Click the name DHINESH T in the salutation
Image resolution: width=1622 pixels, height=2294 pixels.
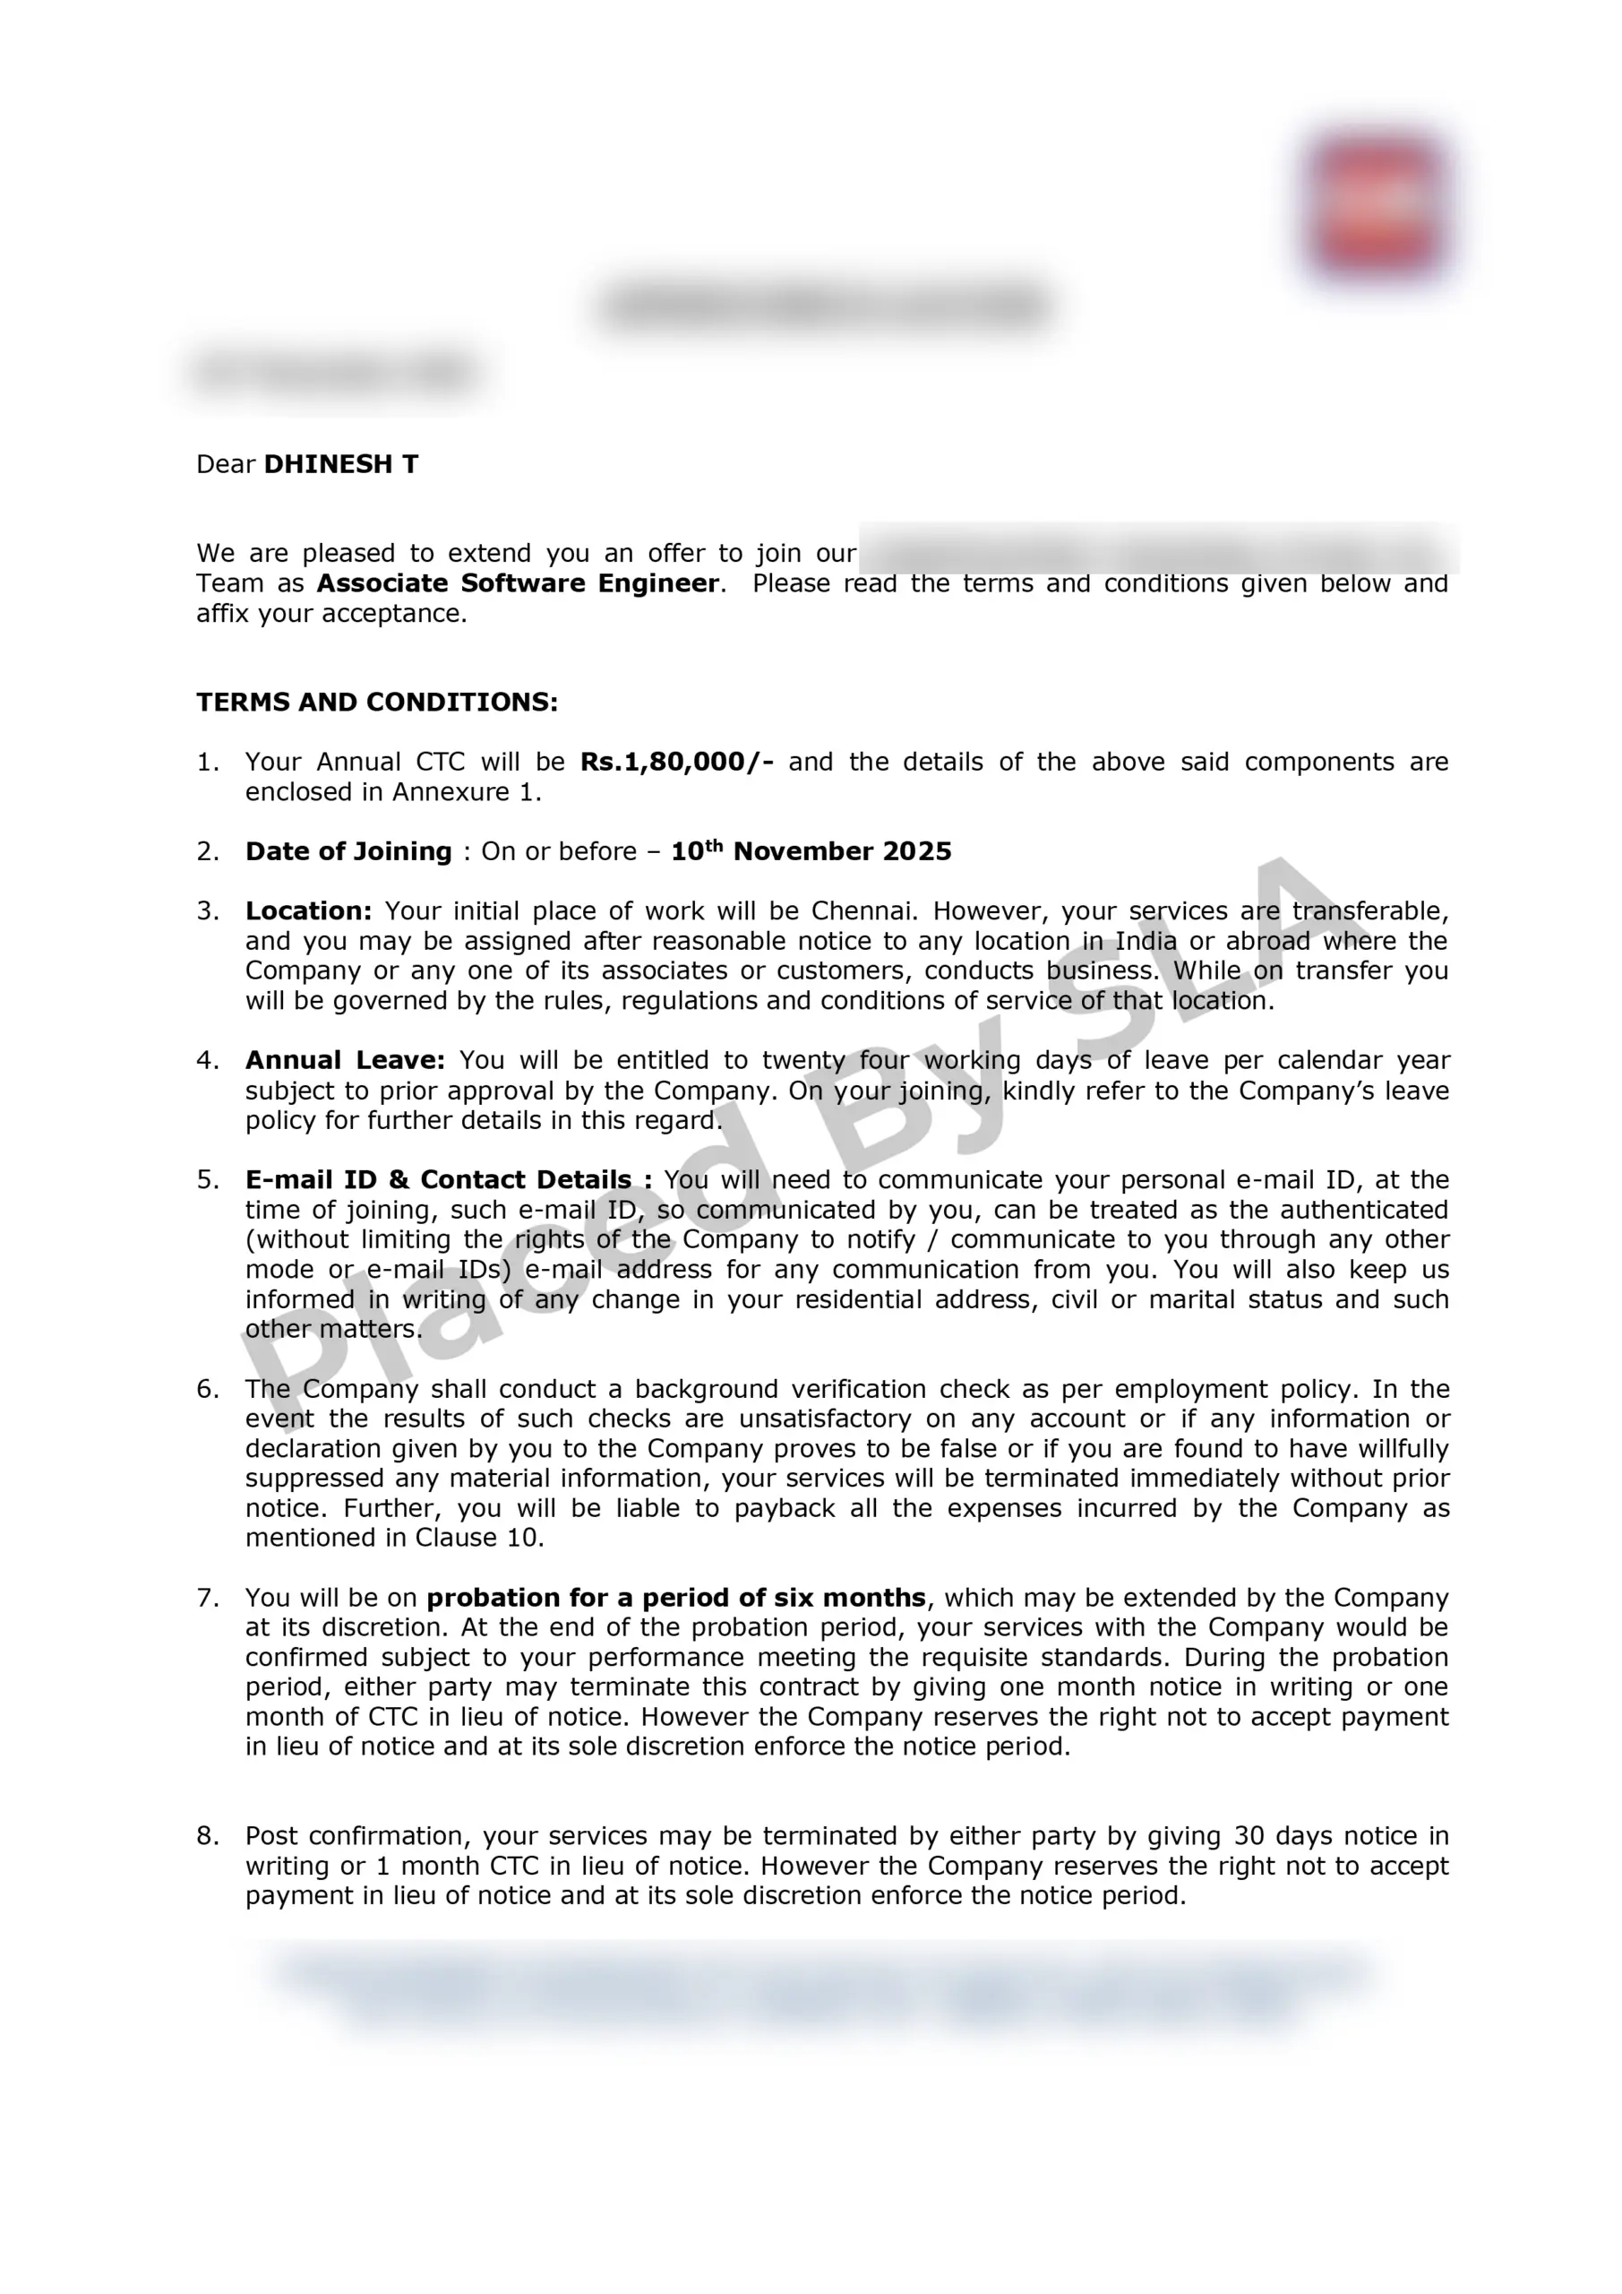(340, 464)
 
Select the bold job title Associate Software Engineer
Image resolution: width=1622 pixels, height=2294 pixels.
(518, 583)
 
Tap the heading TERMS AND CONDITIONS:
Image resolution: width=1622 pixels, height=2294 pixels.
(376, 703)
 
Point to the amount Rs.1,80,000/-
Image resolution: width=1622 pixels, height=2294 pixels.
(676, 763)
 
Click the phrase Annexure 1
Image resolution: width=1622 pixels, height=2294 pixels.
(467, 792)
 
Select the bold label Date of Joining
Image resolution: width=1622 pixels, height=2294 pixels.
(348, 851)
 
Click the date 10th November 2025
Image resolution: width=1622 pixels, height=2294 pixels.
(811, 851)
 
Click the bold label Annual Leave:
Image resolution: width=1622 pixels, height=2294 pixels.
(345, 1060)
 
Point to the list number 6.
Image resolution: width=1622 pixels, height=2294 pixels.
(207, 1389)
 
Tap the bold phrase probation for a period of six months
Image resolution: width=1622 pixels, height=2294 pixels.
(676, 1598)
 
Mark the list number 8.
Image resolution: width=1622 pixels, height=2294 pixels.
(207, 1836)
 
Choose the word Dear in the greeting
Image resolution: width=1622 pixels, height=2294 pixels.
(226, 464)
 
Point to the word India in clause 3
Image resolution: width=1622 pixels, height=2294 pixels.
(1146, 941)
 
